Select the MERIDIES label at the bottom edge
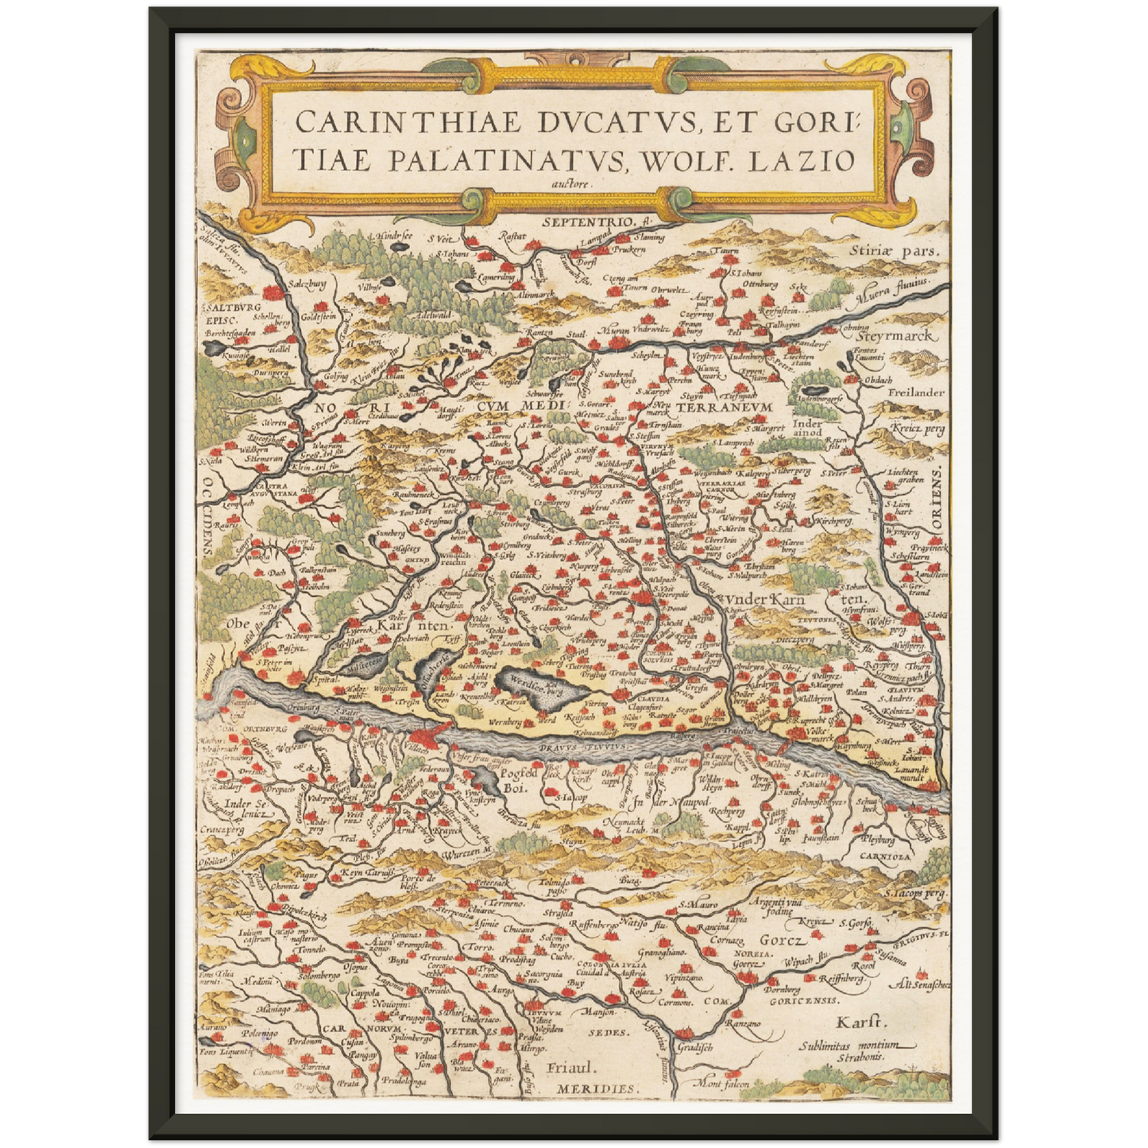tap(596, 1088)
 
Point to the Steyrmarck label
tap(903, 337)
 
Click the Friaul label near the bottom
tap(570, 1069)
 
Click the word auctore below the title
tap(570, 181)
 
